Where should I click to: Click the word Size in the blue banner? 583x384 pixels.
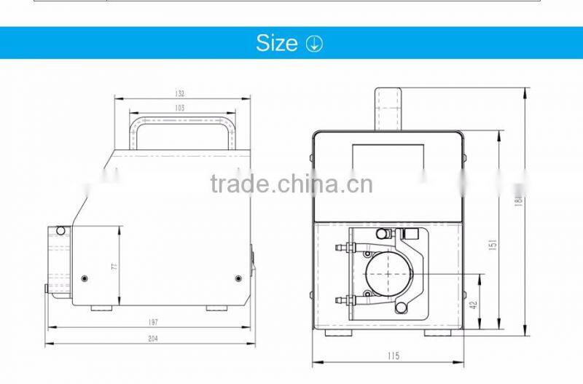[276, 43]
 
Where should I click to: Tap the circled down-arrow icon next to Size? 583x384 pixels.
[314, 44]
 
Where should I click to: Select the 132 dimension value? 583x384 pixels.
[180, 93]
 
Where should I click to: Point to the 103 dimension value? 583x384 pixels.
[180, 108]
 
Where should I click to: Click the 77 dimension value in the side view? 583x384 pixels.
[114, 266]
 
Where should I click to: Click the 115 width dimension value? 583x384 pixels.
[394, 356]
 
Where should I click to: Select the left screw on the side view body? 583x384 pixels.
[85, 278]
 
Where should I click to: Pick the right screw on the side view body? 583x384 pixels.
[238, 278]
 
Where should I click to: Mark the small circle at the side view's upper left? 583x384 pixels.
[60, 231]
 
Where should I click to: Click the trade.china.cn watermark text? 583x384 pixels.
[291, 184]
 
